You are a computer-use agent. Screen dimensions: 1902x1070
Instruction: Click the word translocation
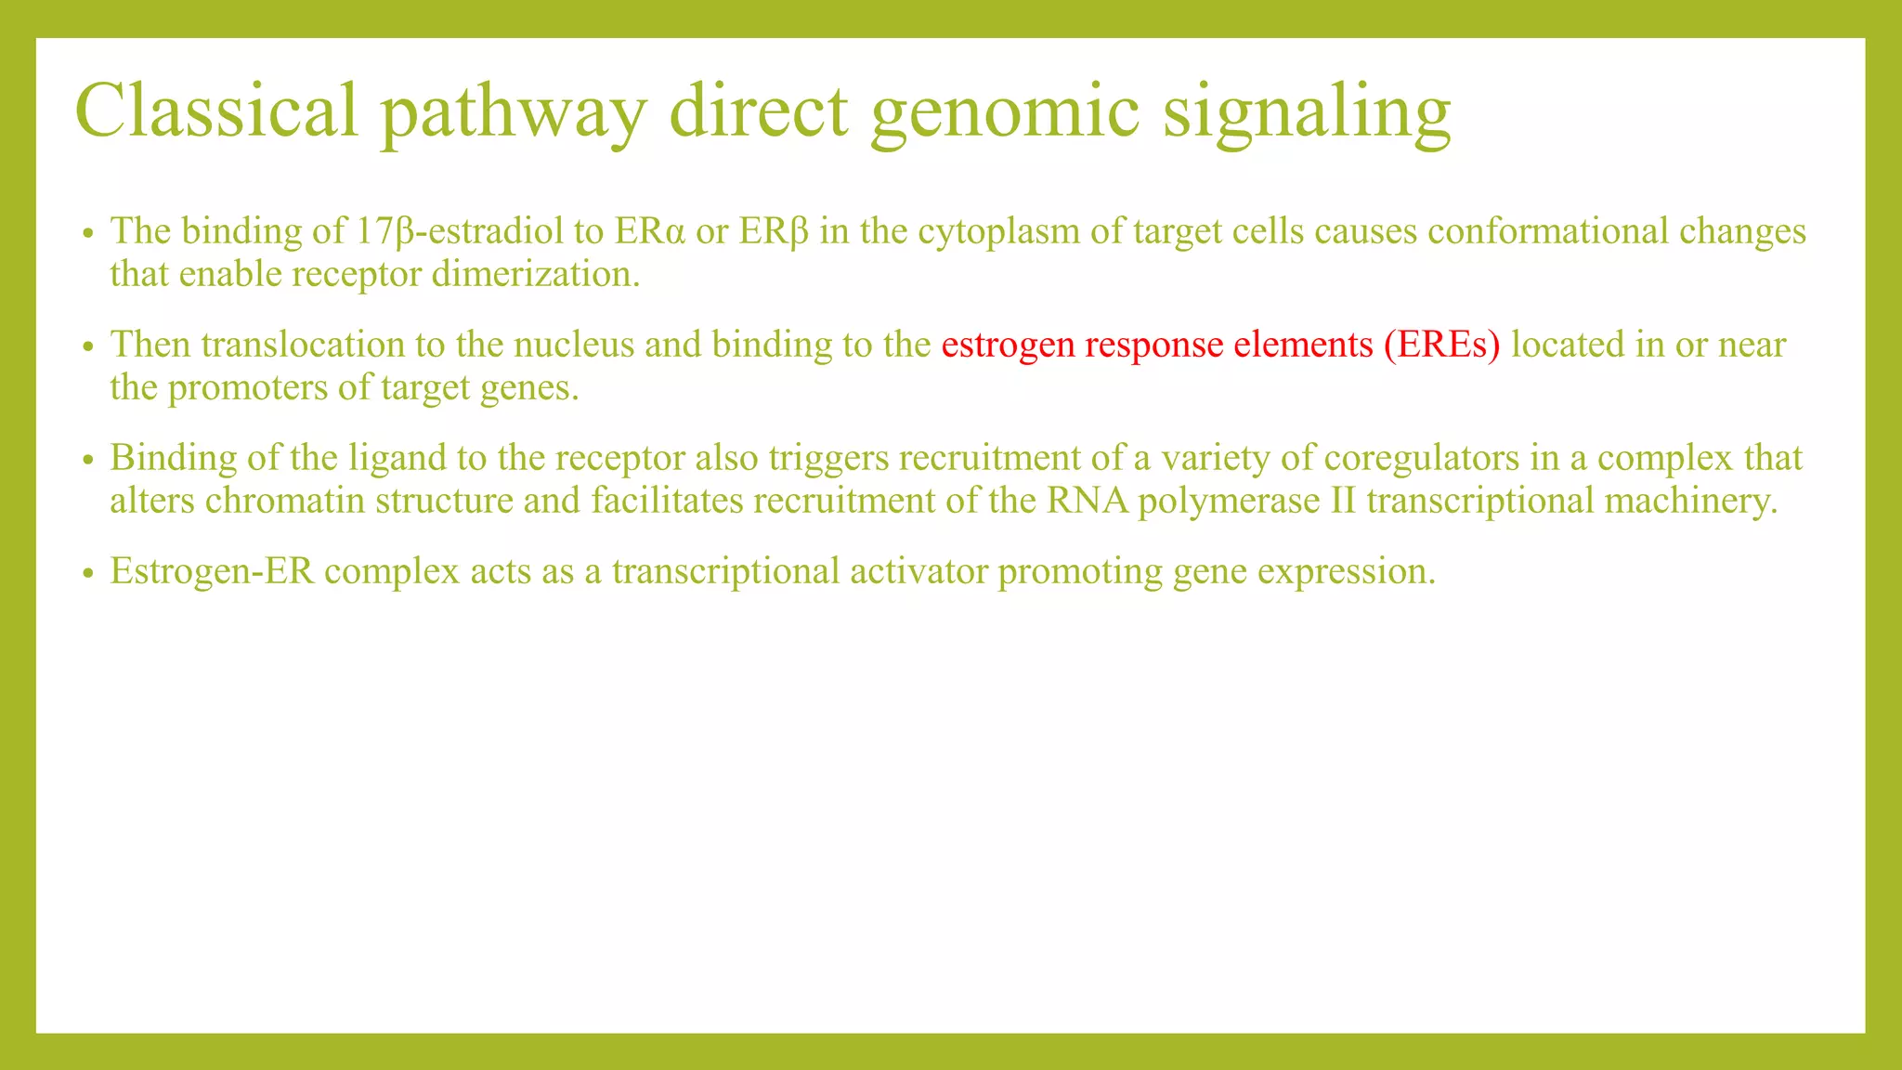[x=302, y=345]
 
